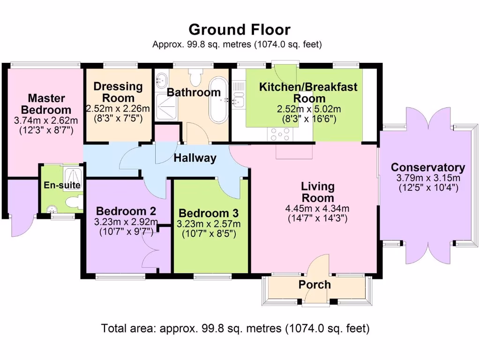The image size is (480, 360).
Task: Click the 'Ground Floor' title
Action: (240, 30)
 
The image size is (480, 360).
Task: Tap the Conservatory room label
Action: (427, 167)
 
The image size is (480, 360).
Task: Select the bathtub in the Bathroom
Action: (218, 100)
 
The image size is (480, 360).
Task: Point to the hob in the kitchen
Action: (279, 135)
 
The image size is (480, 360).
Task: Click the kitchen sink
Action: (239, 99)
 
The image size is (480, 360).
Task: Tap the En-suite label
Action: (62, 185)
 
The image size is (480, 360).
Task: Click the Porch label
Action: (315, 285)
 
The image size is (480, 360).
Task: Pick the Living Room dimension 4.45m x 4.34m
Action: (318, 209)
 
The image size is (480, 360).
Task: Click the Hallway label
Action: (195, 158)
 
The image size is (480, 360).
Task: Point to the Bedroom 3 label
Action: (209, 212)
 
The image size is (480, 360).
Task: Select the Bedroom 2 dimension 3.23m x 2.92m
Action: (126, 222)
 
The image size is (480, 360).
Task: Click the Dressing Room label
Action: (118, 92)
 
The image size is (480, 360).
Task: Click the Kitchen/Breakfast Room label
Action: (308, 92)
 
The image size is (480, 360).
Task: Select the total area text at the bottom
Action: (235, 328)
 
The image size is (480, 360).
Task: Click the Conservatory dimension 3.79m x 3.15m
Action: (428, 178)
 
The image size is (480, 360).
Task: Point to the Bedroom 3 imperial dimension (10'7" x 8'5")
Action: (209, 233)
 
